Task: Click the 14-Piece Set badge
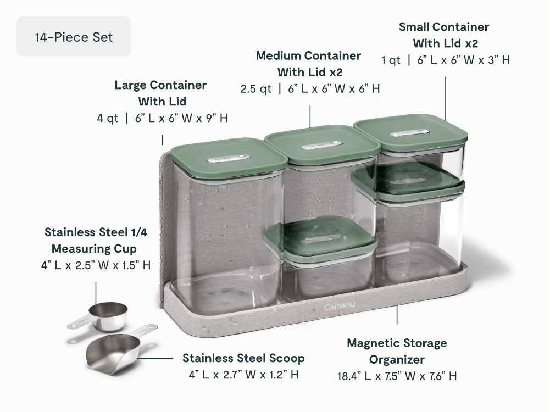point(74,36)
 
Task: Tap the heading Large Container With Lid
point(160,93)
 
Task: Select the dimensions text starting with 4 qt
point(163,118)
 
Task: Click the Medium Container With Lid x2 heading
point(309,64)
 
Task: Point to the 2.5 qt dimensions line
point(310,88)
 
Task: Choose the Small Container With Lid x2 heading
point(444,35)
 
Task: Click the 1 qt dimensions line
point(446,60)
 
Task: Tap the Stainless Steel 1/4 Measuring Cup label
point(96,240)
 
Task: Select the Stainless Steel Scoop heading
point(243,358)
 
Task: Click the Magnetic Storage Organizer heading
point(397,351)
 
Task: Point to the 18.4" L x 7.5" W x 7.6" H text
point(397,376)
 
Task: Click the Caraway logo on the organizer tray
point(340,307)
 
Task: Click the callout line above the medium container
point(310,116)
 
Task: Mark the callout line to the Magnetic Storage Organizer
point(397,315)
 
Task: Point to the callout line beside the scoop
point(155,358)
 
